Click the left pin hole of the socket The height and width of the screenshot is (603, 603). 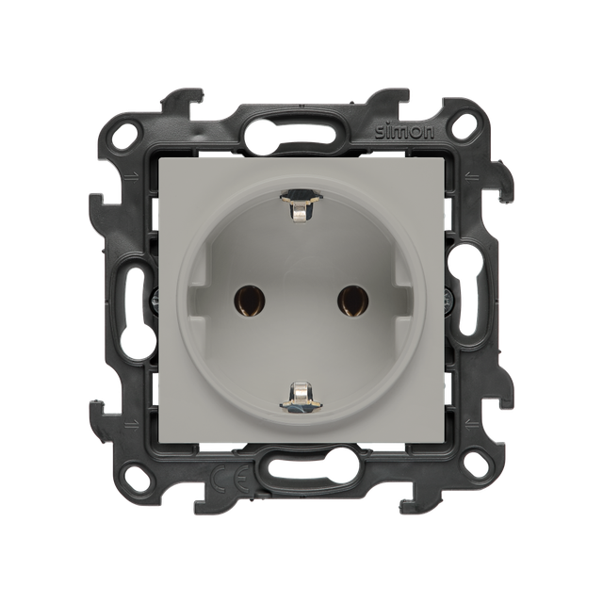[x=250, y=301]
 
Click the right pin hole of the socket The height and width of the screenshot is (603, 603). [x=352, y=301]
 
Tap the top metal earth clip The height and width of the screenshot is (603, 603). [x=301, y=204]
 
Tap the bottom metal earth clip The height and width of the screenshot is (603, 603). [x=301, y=398]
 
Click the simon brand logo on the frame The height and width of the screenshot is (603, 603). [x=405, y=132]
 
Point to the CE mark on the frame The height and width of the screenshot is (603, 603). [x=231, y=478]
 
